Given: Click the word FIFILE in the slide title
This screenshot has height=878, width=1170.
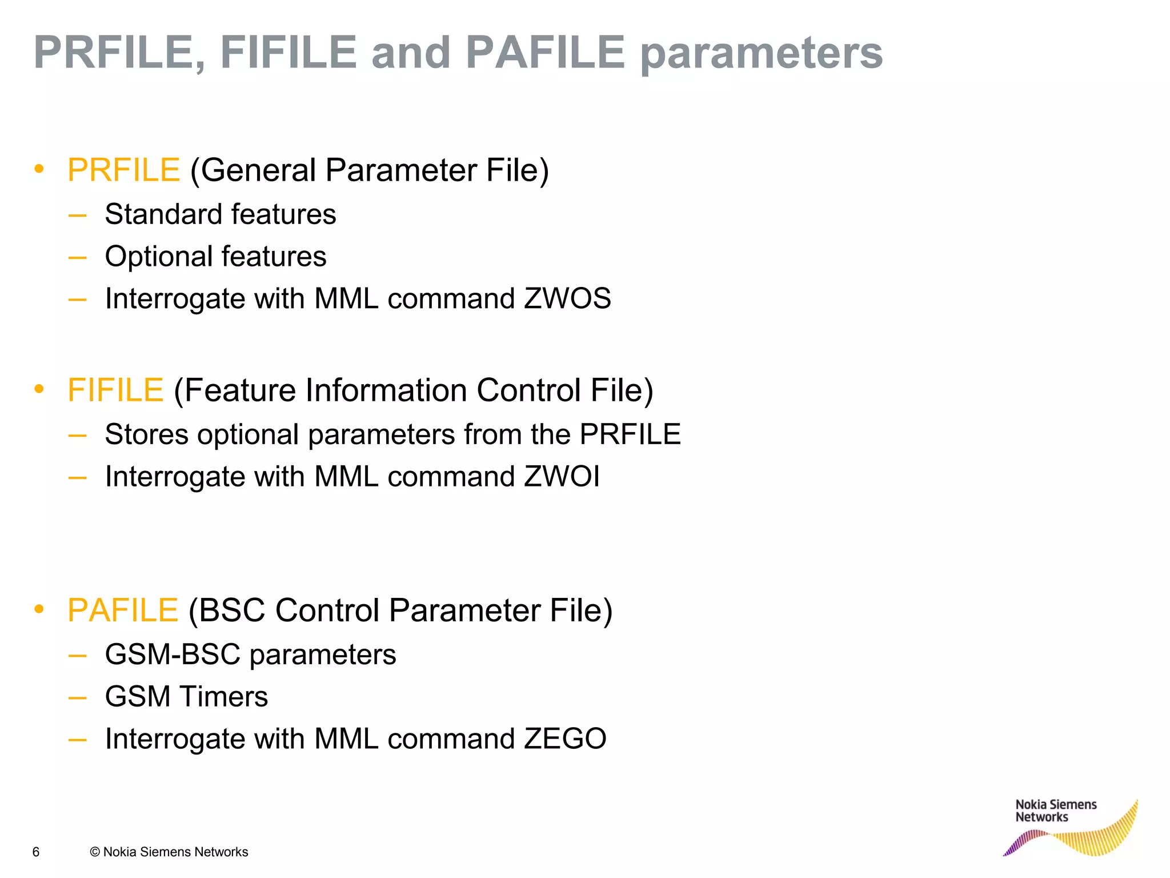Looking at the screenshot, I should click(x=289, y=53).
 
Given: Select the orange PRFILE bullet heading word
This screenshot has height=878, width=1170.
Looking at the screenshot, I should click(x=124, y=170).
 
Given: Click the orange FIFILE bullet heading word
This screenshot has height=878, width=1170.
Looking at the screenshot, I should click(x=116, y=390).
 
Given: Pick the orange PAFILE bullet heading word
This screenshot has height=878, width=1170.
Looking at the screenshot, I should click(x=123, y=610).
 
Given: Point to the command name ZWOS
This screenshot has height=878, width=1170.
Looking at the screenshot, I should click(x=567, y=299).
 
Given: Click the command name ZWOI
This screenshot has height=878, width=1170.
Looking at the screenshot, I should click(x=562, y=477).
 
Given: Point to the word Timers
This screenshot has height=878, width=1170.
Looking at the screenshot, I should click(x=224, y=697).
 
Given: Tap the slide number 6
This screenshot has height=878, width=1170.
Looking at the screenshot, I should click(x=36, y=852).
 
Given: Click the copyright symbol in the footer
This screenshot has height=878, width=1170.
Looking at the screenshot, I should click(x=95, y=852).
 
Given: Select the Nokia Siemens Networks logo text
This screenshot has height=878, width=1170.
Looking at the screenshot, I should click(x=1056, y=811).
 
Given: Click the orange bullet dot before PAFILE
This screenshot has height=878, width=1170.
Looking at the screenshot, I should click(x=39, y=609).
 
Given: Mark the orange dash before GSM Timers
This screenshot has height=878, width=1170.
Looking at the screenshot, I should click(x=77, y=698).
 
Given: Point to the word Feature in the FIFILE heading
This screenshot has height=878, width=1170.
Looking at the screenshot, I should click(x=239, y=390).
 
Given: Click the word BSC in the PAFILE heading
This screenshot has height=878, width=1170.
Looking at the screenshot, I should click(x=232, y=610).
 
